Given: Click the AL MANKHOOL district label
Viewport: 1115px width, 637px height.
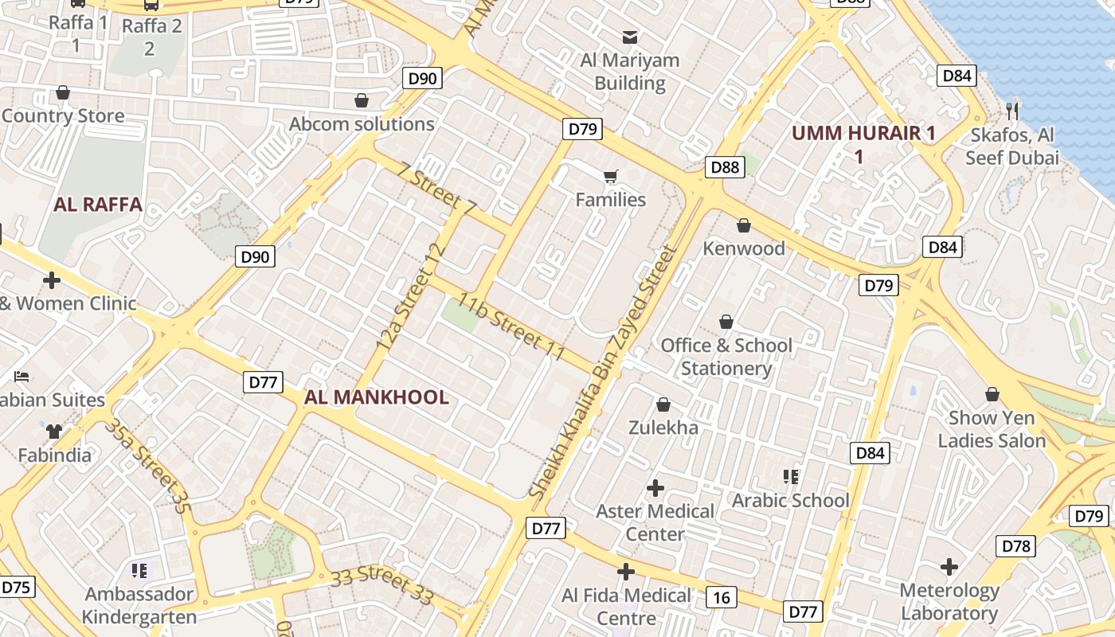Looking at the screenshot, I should (x=376, y=397).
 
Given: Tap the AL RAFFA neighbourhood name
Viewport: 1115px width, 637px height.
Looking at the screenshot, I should (x=98, y=205).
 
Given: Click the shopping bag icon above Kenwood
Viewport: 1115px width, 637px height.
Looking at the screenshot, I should (x=744, y=226).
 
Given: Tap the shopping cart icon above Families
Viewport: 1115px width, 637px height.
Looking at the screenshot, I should (x=611, y=176).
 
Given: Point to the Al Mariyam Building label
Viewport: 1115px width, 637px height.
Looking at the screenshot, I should (x=630, y=72).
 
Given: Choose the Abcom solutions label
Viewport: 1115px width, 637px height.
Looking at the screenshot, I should (x=362, y=124).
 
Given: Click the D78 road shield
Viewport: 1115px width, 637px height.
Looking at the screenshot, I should (x=1015, y=546).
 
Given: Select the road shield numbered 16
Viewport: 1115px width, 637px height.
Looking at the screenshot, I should (x=722, y=597).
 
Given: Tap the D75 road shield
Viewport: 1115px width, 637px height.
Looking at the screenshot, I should (x=15, y=588).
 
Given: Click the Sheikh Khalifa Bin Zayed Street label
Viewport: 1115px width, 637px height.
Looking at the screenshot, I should (x=604, y=373).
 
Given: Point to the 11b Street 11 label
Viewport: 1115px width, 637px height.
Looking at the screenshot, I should (x=511, y=326).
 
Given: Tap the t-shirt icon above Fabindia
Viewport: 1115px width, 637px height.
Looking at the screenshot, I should (x=54, y=432).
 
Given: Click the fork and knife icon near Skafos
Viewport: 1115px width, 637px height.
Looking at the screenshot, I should (x=1012, y=111).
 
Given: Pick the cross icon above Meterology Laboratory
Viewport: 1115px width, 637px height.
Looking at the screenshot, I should (x=949, y=567).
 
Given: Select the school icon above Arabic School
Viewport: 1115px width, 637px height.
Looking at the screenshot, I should (x=791, y=477).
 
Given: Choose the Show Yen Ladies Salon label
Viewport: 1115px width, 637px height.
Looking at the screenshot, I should (x=992, y=429).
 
